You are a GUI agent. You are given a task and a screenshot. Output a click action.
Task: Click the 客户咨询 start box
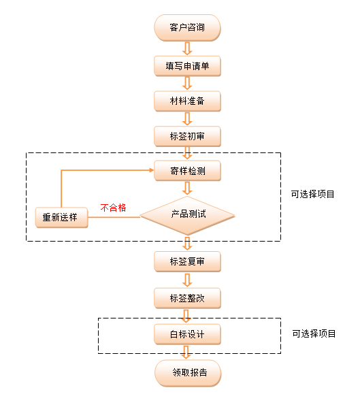click(187, 28)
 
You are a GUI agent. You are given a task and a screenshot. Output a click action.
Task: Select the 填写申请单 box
click(187, 66)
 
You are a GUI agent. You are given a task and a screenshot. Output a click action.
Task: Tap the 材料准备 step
click(187, 101)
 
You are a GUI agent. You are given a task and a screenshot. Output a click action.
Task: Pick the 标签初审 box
click(187, 136)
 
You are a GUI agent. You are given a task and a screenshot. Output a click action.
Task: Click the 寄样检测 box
click(187, 171)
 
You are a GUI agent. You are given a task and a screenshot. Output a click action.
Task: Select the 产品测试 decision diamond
click(187, 216)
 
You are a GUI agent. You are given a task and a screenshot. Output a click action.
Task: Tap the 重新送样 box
click(61, 217)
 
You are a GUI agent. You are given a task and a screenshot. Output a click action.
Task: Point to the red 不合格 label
click(113, 208)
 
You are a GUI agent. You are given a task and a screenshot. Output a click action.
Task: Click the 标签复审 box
click(187, 261)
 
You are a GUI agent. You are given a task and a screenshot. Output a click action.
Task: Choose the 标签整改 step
click(187, 298)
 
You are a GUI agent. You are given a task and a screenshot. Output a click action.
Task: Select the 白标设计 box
click(187, 334)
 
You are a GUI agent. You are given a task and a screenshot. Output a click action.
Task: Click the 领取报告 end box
click(188, 373)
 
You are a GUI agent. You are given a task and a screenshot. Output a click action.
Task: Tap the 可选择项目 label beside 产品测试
click(312, 194)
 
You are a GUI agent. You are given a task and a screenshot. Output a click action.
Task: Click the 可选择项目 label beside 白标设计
click(314, 333)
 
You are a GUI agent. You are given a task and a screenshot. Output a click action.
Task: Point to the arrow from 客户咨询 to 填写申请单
click(187, 48)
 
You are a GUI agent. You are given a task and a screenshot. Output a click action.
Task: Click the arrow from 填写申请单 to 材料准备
click(187, 83)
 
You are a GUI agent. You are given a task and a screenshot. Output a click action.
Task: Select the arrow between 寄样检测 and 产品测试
click(187, 188)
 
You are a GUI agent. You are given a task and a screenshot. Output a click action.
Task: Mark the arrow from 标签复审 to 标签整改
click(187, 280)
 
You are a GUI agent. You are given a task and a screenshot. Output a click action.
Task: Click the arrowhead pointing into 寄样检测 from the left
click(152, 170)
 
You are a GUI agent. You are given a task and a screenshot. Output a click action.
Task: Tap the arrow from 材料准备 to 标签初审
click(187, 118)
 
